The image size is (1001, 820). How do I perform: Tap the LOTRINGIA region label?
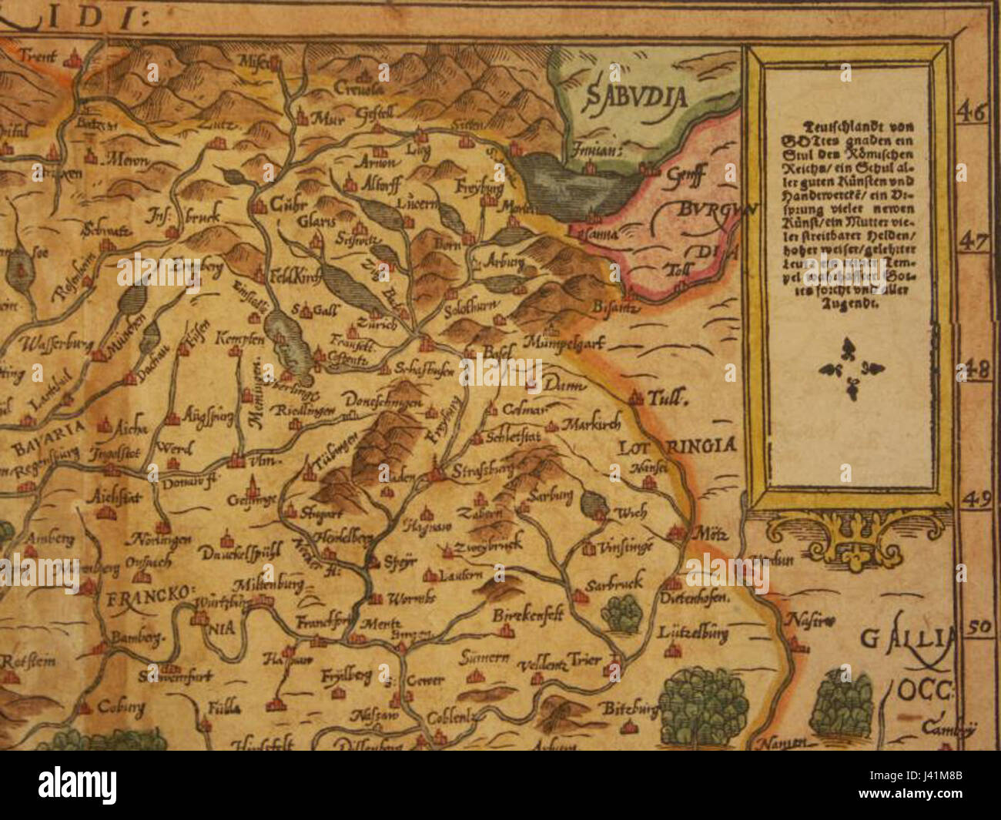(x=678, y=446)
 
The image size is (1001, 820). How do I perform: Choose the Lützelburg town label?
(x=693, y=634)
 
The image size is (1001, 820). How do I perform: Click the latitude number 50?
(x=977, y=628)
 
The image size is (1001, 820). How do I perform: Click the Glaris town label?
(x=316, y=223)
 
